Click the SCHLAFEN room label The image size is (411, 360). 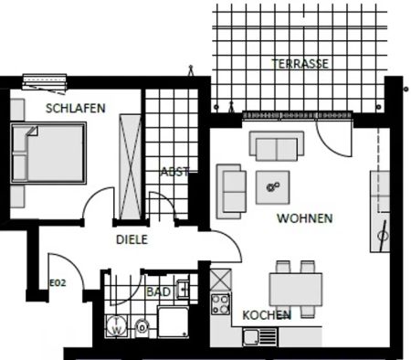(x=76, y=108)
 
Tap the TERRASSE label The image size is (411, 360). (x=300, y=64)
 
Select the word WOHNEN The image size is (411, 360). (x=304, y=219)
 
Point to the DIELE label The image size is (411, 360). (x=132, y=240)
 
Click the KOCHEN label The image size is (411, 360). (x=267, y=315)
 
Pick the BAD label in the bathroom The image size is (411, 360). (x=157, y=292)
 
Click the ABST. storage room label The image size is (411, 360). (x=174, y=172)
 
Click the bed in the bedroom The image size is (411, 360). (x=49, y=154)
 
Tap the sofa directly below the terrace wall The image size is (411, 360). (x=277, y=146)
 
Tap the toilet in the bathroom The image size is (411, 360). (x=142, y=327)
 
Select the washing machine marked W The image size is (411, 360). (x=118, y=325)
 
